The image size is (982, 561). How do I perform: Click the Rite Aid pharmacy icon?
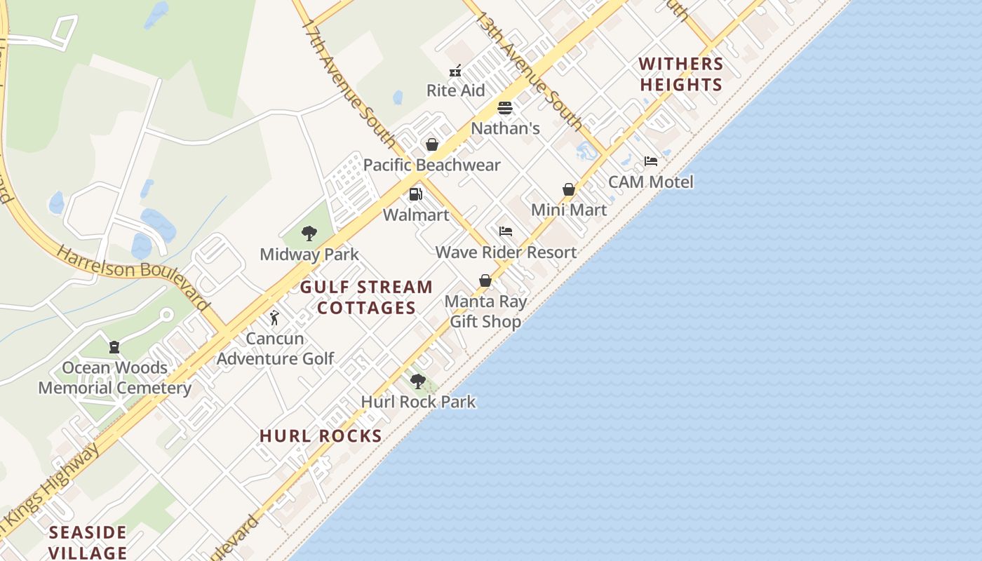(455, 70)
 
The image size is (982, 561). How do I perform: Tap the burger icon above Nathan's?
(505, 108)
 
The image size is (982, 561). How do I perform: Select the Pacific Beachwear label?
(431, 165)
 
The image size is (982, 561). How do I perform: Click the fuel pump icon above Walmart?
(416, 194)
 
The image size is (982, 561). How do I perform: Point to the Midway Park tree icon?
(309, 234)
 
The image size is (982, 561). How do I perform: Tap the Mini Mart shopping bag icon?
(569, 189)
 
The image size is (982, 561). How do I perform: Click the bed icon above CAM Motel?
(651, 161)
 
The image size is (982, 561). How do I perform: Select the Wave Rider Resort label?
(506, 252)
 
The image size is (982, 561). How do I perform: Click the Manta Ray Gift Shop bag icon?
(485, 280)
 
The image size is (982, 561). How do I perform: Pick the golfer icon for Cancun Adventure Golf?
(274, 318)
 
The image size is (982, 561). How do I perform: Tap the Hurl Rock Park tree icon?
(418, 381)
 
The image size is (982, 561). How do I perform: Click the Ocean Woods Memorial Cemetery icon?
(114, 347)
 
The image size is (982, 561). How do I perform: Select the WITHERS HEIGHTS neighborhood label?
(680, 74)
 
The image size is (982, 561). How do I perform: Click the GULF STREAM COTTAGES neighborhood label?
(366, 297)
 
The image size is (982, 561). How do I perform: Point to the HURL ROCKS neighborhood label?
(321, 436)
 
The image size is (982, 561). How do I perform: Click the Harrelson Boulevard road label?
(133, 276)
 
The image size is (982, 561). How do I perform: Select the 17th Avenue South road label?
(349, 83)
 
